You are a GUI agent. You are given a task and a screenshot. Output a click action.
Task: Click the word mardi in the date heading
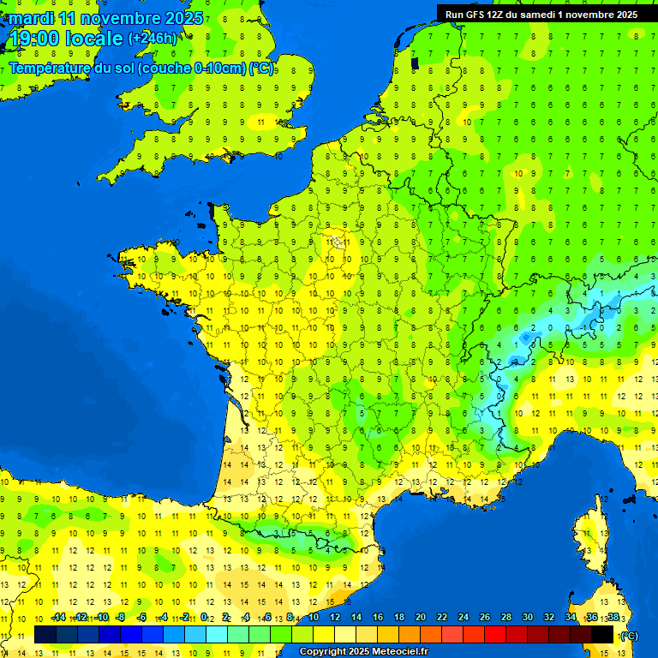(x=32, y=18)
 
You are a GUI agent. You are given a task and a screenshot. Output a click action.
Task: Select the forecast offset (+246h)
(x=153, y=39)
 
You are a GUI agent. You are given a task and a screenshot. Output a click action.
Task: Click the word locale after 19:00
(x=97, y=39)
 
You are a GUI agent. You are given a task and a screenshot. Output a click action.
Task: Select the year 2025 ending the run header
(x=623, y=15)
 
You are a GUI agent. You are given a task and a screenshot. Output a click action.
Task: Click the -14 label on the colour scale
(x=58, y=617)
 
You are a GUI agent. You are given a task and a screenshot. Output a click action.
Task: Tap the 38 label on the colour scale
(x=613, y=617)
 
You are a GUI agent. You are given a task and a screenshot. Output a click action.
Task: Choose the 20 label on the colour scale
(x=421, y=617)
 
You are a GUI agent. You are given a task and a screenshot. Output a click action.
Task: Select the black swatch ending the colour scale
(x=602, y=634)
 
